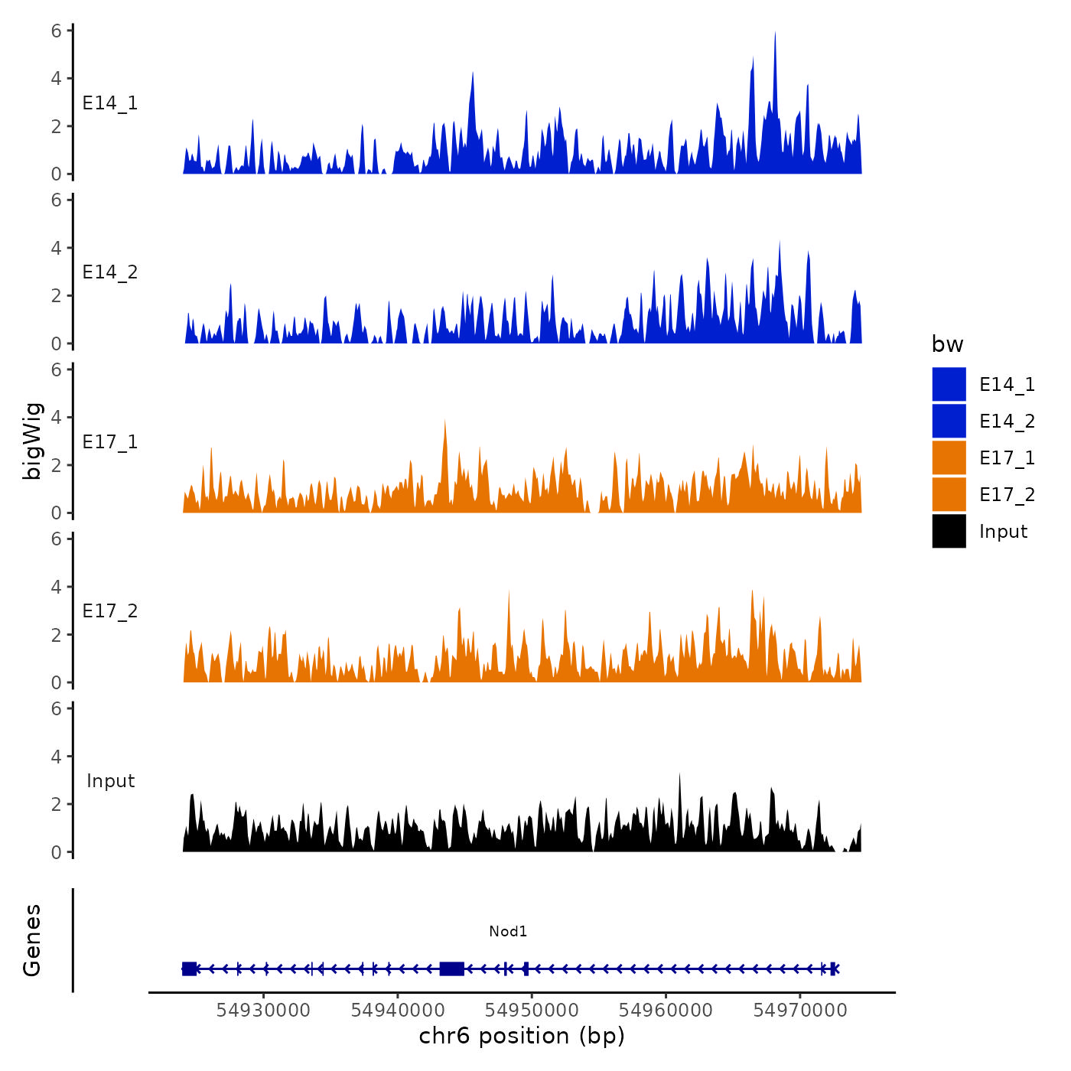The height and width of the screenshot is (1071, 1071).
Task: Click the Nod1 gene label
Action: (508, 931)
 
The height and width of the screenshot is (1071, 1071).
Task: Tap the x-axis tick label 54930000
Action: (263, 1010)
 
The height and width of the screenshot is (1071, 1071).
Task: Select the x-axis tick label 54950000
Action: (532, 1010)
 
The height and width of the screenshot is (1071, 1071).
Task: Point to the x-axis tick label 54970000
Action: (800, 1010)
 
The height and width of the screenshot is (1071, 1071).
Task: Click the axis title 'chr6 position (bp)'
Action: (522, 1036)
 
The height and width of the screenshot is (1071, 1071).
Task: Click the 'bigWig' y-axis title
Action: (32, 441)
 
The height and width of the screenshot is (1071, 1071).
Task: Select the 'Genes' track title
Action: (32, 940)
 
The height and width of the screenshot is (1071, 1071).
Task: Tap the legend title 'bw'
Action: (947, 344)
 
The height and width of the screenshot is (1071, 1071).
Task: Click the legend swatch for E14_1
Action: (949, 384)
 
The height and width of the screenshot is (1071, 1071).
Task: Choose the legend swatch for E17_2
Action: (949, 494)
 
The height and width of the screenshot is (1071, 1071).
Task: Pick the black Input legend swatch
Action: (949, 531)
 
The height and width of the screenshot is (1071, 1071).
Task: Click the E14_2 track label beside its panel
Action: (110, 272)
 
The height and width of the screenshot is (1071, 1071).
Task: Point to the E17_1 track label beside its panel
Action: (110, 442)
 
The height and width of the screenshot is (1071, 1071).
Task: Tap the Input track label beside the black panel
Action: (110, 781)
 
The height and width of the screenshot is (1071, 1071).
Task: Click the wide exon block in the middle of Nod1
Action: (452, 968)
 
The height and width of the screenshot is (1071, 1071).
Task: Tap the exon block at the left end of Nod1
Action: (189, 968)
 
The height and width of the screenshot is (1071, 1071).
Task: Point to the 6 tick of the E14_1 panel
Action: (57, 31)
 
